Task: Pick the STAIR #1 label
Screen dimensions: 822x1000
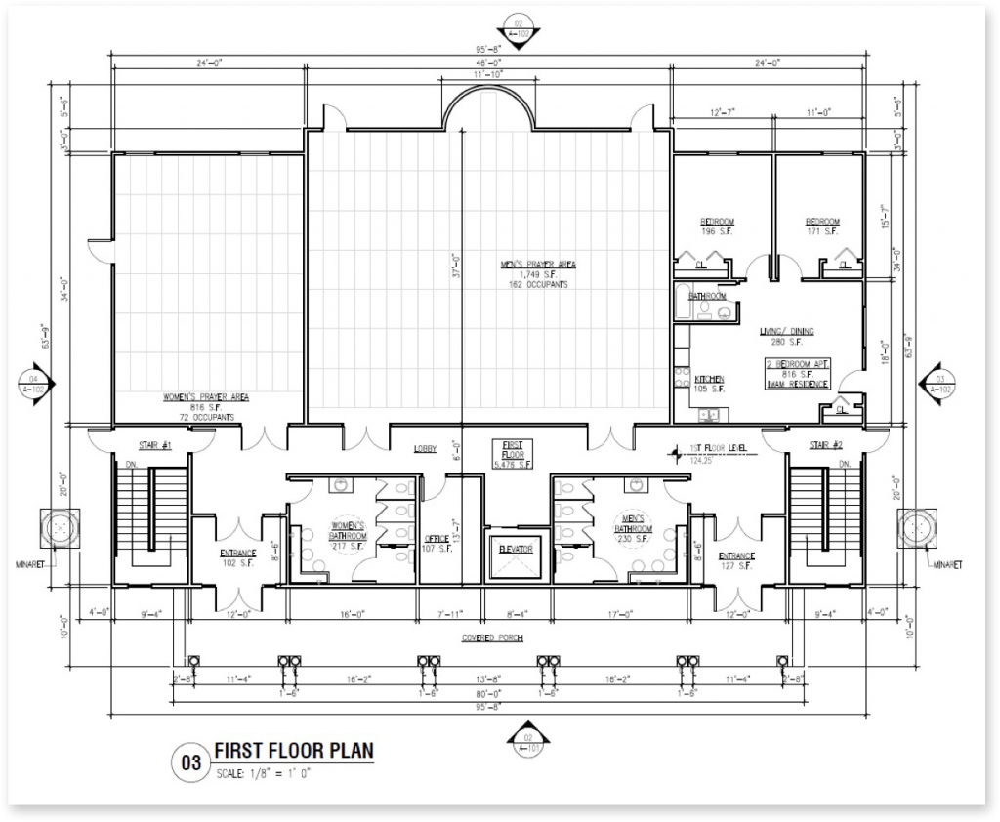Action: (154, 445)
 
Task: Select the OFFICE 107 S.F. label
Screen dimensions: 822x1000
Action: (437, 543)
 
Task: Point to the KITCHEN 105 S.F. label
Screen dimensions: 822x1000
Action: (710, 383)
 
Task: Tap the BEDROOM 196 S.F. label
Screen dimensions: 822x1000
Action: (717, 226)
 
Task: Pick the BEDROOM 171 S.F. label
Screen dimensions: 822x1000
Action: (822, 226)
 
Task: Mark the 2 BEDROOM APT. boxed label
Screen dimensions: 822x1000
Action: (797, 373)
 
